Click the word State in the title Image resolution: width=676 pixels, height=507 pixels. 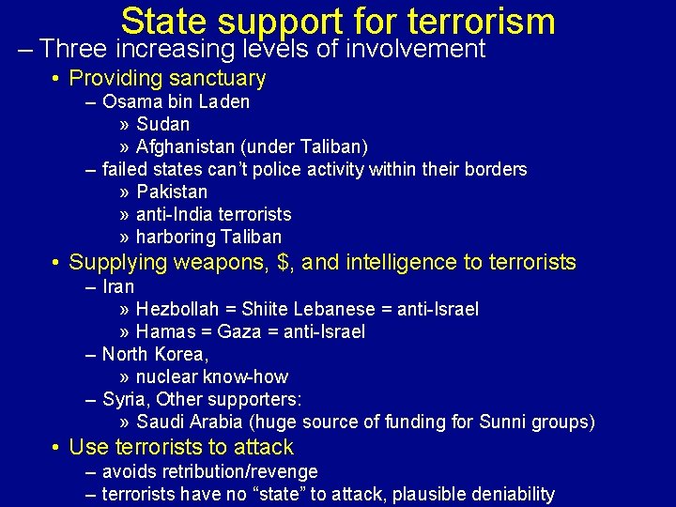(x=161, y=22)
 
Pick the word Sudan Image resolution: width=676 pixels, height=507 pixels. (x=162, y=124)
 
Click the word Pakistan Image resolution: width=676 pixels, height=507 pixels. (x=172, y=192)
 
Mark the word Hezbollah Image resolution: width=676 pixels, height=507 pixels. (x=176, y=309)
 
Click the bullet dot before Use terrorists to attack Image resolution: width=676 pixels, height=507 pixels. (x=58, y=448)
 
